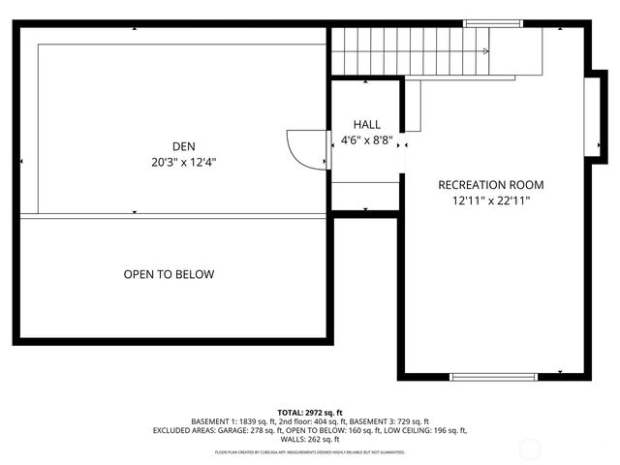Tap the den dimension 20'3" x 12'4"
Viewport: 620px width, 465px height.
click(176, 163)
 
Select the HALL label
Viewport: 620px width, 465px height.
click(366, 125)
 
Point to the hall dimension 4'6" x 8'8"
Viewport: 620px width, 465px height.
click(366, 139)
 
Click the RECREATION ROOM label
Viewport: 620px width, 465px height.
click(490, 185)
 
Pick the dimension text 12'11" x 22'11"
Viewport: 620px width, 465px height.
click(490, 201)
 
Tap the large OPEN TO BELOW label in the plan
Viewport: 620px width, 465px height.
click(169, 274)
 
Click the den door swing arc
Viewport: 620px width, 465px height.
click(303, 151)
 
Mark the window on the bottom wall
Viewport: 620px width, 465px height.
click(493, 377)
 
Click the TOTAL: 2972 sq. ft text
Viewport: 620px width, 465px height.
click(310, 412)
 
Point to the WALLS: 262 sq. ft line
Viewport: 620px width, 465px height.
click(310, 440)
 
